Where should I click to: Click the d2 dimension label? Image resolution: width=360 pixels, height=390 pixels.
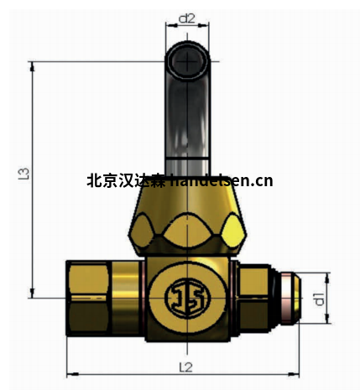tap(186, 17)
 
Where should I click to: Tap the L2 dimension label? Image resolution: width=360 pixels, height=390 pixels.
tap(185, 367)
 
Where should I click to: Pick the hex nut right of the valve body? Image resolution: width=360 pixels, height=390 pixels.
tap(253, 299)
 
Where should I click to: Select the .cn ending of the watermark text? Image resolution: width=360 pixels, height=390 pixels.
tap(262, 180)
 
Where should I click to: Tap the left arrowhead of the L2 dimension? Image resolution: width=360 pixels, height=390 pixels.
tap(70, 374)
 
